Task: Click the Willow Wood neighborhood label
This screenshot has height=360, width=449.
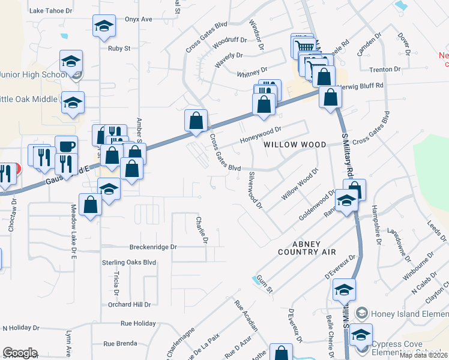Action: click(x=294, y=145)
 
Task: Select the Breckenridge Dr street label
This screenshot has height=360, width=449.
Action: click(x=154, y=247)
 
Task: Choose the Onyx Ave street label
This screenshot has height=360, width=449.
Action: click(x=139, y=19)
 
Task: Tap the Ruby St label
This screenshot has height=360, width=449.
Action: click(x=119, y=49)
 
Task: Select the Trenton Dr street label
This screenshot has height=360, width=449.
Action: click(x=385, y=70)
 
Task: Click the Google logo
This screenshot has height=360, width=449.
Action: click(x=19, y=353)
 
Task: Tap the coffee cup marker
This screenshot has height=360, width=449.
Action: click(x=66, y=146)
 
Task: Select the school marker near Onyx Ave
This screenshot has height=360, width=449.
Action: click(x=104, y=26)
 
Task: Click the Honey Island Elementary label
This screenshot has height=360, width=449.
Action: click(x=408, y=313)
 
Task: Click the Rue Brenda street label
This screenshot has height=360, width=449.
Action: click(x=117, y=344)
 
